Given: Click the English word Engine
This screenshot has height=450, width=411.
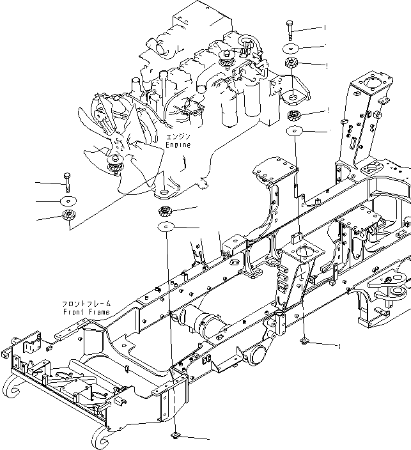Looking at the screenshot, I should tap(178, 146).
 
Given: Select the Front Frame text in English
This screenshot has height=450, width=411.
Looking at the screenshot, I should tap(86, 312).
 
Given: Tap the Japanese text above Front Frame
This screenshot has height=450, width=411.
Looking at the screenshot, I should tap(86, 304).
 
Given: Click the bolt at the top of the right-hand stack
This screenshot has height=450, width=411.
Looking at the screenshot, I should tap(291, 29).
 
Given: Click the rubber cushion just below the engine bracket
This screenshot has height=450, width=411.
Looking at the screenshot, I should tap(295, 116).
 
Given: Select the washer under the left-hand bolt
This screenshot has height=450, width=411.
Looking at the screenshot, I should tap(67, 201).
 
